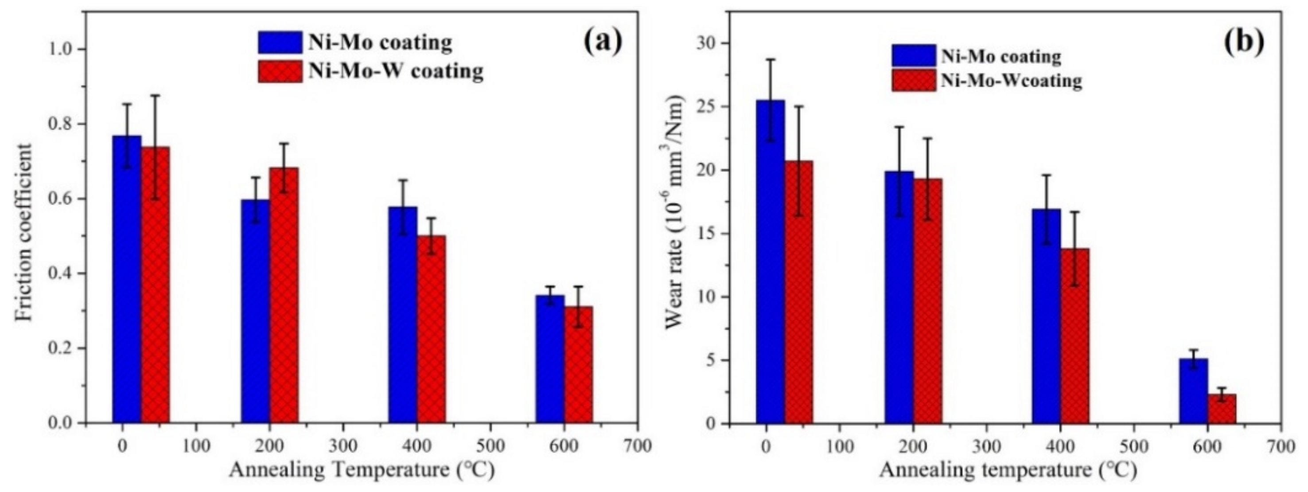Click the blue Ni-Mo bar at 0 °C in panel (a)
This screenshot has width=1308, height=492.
pyautogui.click(x=127, y=279)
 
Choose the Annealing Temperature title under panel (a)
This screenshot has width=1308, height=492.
pyautogui.click(x=362, y=471)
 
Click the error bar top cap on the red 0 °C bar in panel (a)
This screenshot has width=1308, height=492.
pyautogui.click(x=156, y=95)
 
